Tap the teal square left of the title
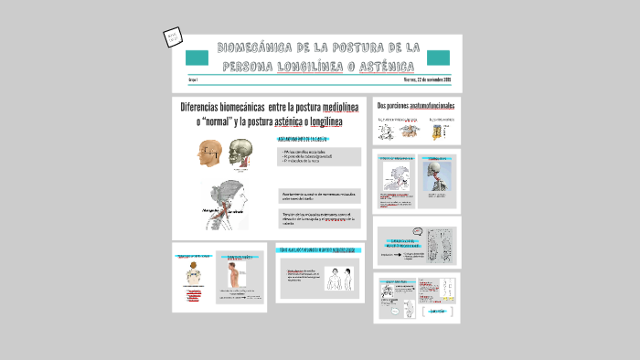click(197, 58)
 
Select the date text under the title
click(427, 80)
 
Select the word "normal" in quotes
click(217, 122)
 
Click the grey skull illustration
click(241, 153)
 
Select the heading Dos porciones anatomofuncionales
click(416, 105)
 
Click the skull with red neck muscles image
click(435, 175)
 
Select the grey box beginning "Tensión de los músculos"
click(319, 218)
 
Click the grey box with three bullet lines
click(319, 156)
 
